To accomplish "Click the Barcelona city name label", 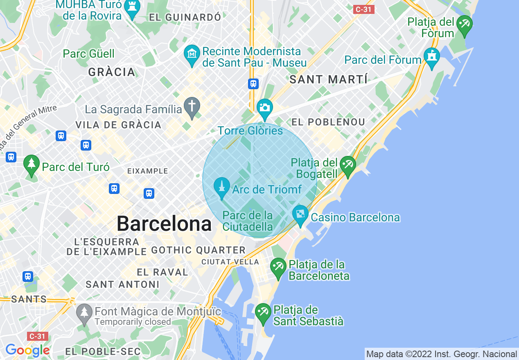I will coord(164,224).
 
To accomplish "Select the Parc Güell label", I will coord(89,54).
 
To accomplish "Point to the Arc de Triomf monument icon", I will coord(222,187).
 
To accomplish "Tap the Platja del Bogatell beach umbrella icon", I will coord(348,166).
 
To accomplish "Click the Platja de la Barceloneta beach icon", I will coord(278,268).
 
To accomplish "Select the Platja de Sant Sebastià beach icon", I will coord(263,313).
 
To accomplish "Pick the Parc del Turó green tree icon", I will coord(32,165).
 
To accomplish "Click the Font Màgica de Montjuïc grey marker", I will coord(84,313).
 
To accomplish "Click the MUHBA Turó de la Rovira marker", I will coord(132,9).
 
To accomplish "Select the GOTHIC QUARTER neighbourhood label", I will coord(199,250).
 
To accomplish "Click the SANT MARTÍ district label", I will coord(329,79).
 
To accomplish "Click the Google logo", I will coord(27,350).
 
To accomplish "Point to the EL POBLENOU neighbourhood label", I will coord(328,122).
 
